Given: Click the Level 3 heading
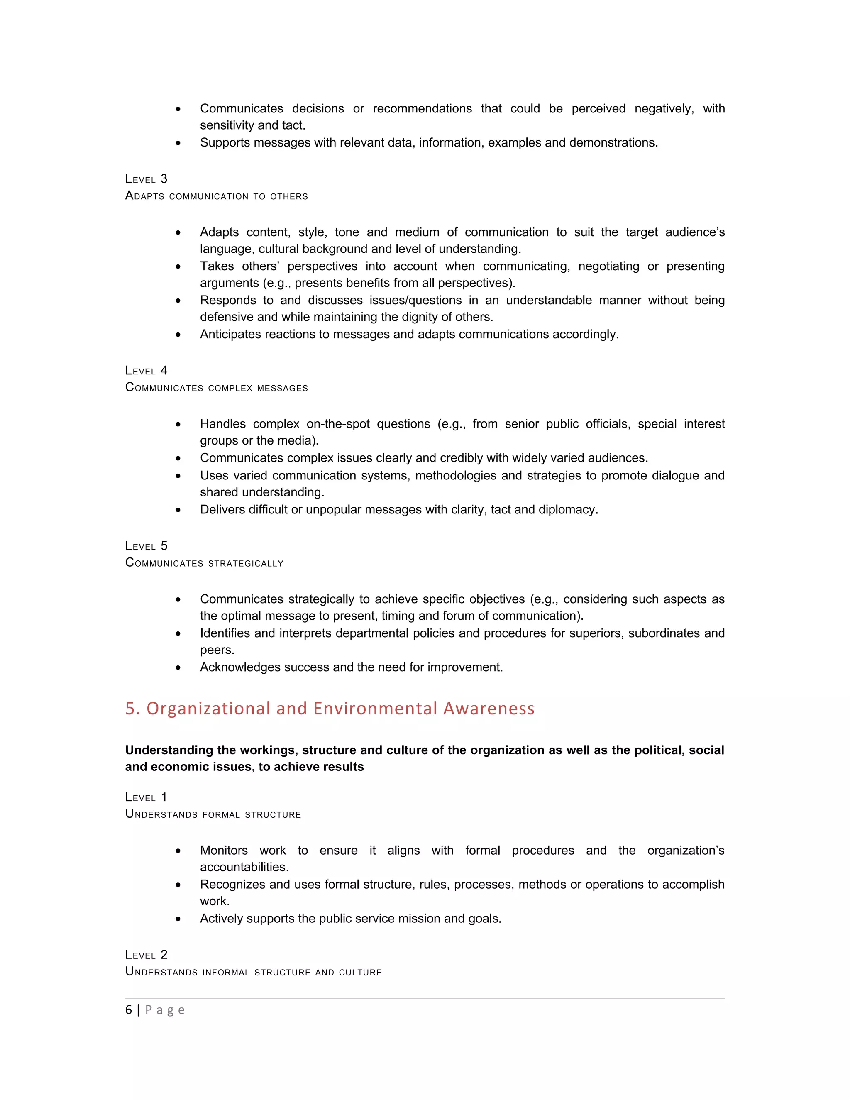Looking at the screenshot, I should tap(146, 179).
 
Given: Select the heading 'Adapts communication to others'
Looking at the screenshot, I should tap(217, 196).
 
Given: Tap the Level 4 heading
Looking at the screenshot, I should tap(146, 371).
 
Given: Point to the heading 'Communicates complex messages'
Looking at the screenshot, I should tap(217, 388).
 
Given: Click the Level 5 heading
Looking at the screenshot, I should tap(146, 546).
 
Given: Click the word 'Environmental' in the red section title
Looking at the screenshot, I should tap(375, 709).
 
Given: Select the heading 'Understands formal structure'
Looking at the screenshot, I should tap(213, 814).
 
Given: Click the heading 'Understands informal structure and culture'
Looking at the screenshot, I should tap(253, 972).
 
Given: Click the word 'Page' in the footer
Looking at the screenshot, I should tap(165, 1010).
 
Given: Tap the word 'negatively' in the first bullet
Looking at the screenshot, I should tap(663, 109).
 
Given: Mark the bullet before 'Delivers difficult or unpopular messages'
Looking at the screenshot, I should tap(178, 510).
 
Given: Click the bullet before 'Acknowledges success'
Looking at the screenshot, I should tap(178, 668).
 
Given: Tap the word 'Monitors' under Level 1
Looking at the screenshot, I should tap(224, 851).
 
